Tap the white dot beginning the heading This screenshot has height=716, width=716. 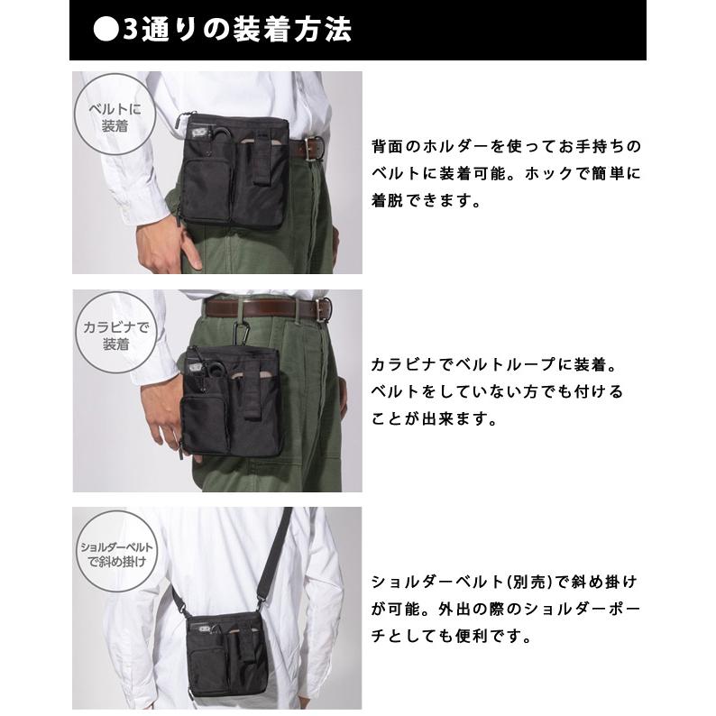click(x=105, y=30)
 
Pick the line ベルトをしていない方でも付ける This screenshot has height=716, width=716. click(x=497, y=392)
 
